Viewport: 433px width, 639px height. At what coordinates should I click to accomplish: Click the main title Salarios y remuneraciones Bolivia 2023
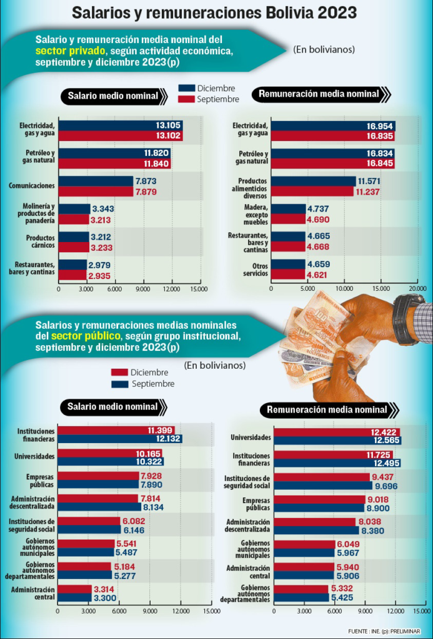point(216,12)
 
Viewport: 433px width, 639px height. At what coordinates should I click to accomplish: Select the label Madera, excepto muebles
point(254,214)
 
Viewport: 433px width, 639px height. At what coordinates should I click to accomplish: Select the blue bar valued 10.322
point(109,462)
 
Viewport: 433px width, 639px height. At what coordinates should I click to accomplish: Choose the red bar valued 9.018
point(319,499)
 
